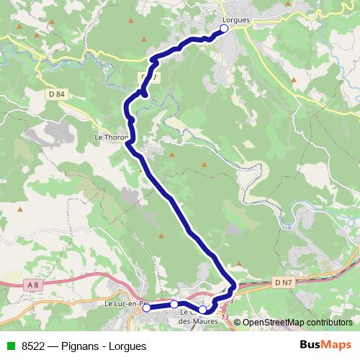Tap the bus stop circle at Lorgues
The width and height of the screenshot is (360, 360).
tap(224, 28)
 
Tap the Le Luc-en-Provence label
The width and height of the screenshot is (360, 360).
tap(124, 304)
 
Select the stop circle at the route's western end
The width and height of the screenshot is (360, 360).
tap(147, 307)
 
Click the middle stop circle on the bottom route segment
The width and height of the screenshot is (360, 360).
tap(174, 305)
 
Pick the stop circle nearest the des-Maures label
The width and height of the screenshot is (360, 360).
tap(203, 310)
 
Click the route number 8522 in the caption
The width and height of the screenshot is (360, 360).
tap(32, 346)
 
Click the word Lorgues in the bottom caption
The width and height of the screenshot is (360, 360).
tap(127, 346)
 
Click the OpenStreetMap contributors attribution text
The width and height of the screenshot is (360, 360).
tap(297, 322)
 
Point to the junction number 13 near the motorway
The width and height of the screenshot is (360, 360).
tap(225, 317)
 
